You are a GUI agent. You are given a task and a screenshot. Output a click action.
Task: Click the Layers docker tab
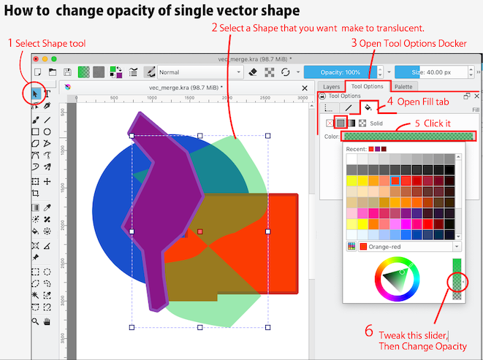pos(331,86)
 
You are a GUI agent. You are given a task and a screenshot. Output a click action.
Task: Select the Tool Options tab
pos(366,86)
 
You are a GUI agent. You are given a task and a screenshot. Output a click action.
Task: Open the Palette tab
pos(403,86)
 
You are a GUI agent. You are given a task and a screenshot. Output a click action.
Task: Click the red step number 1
pos(10,44)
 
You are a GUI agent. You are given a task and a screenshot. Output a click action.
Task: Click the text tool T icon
pos(47,93)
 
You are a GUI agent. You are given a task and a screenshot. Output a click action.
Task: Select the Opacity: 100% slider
pos(343,72)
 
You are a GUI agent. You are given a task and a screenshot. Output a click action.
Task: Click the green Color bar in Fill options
pos(408,136)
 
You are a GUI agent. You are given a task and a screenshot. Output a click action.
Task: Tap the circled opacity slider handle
pos(457,282)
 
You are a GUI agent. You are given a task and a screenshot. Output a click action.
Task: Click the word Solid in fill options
pos(376,123)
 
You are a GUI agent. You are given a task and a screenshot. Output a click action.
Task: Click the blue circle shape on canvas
pos(110,197)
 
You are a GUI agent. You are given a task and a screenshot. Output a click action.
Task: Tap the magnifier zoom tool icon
pos(34,321)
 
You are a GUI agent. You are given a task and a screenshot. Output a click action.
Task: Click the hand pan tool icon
pos(47,321)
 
